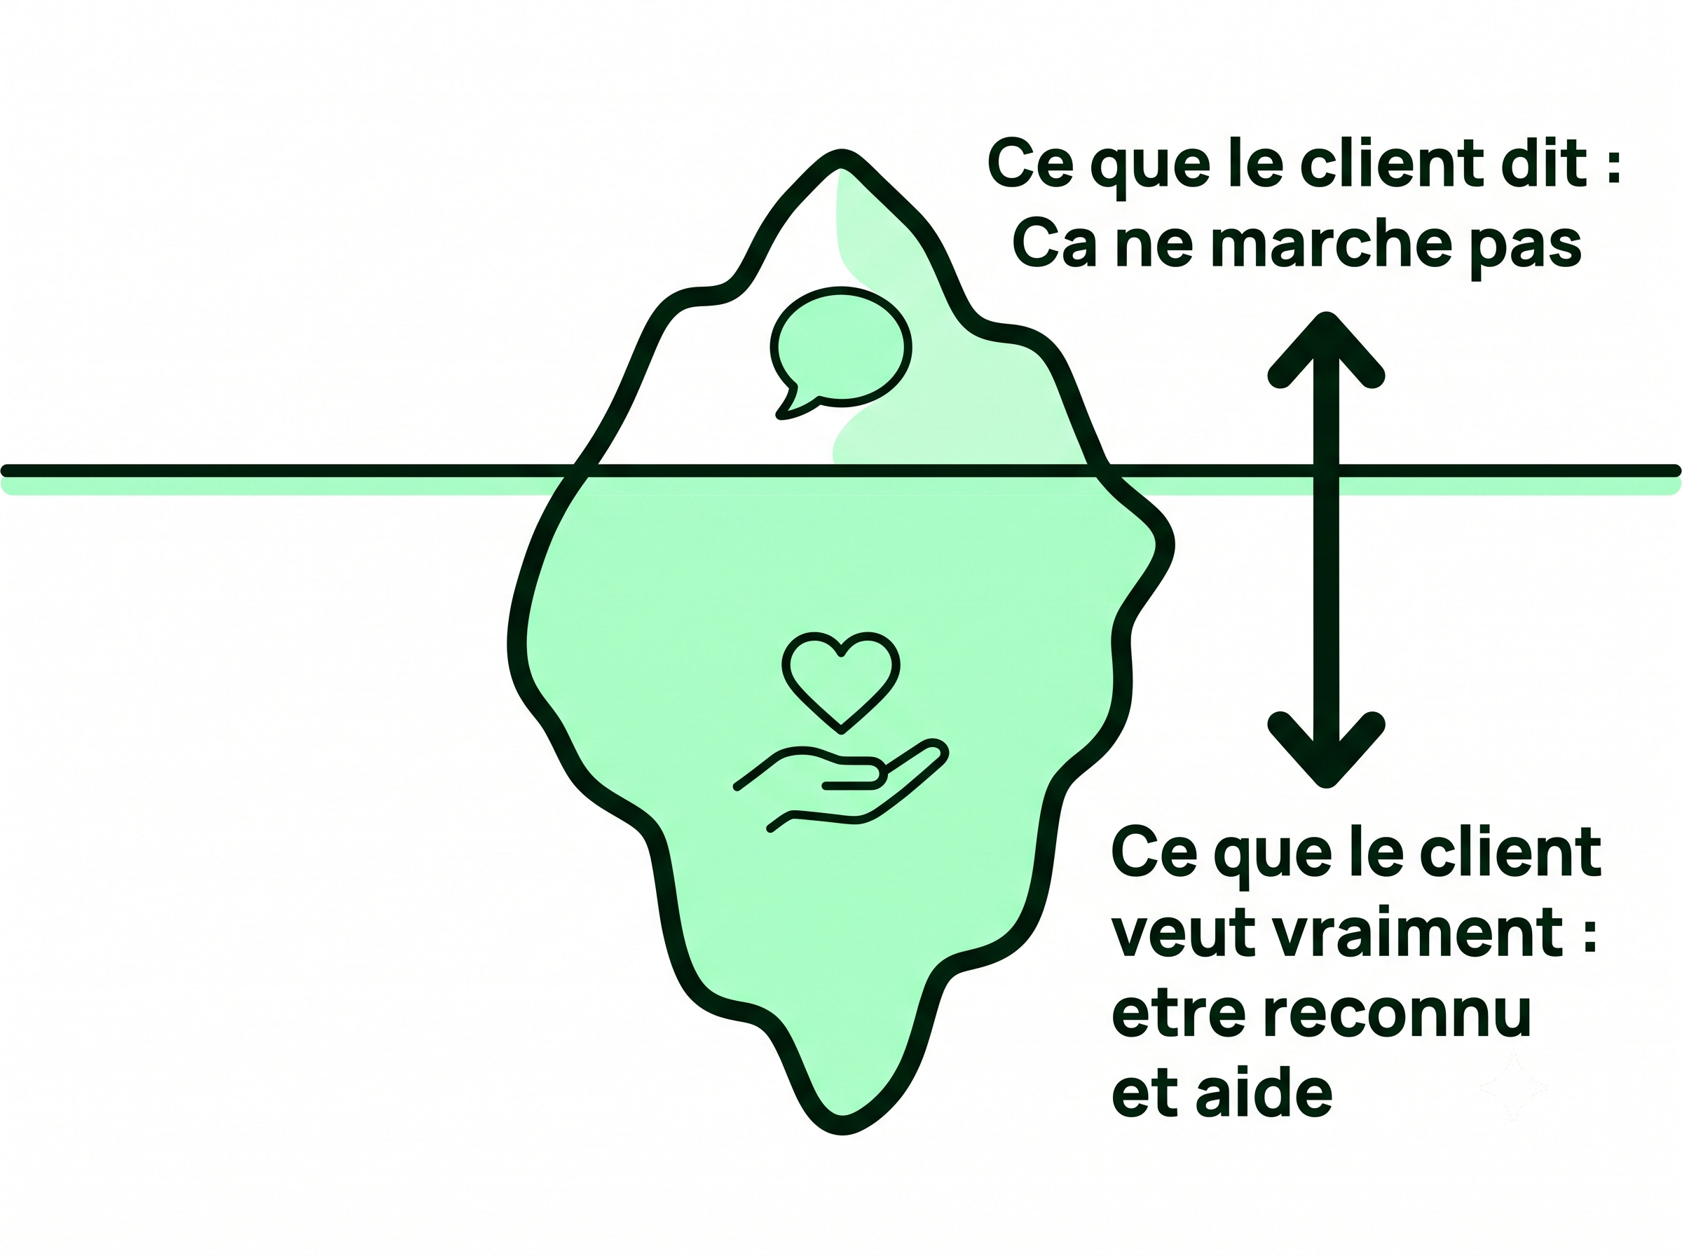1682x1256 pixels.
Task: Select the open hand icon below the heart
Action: click(x=840, y=786)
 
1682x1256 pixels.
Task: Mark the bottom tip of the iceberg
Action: click(x=842, y=1128)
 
